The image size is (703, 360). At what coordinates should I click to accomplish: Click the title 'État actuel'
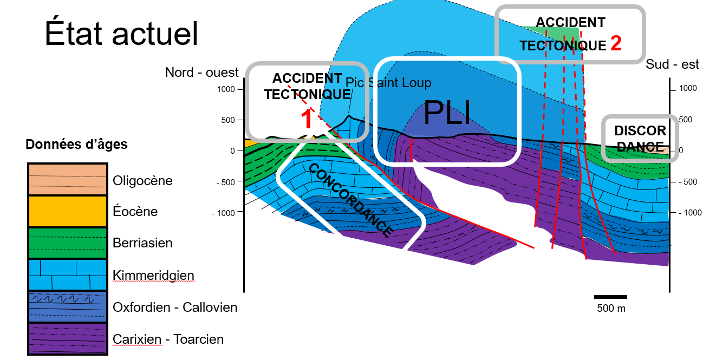coord(121,34)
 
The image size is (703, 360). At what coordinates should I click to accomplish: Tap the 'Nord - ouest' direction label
coord(202,73)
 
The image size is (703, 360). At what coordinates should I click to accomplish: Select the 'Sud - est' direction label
coord(673,64)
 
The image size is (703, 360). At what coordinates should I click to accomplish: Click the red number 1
coord(307,119)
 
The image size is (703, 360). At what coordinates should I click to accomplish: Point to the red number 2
coord(616,43)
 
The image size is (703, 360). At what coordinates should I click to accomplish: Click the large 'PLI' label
coord(446,113)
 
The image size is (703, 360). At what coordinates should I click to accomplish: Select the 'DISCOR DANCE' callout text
coord(640,139)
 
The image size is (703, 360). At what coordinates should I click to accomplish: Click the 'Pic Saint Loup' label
coord(388,83)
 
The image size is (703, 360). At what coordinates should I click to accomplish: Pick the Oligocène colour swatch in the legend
coord(68,179)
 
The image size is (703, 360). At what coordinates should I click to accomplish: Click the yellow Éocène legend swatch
coord(68,211)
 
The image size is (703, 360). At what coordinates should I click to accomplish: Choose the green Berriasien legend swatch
coord(68,243)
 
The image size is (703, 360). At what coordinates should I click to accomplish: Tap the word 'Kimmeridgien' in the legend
coord(153,276)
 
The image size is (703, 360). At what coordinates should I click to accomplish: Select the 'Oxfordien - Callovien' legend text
coord(175,307)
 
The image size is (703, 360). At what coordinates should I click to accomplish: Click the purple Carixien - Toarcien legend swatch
coord(68,339)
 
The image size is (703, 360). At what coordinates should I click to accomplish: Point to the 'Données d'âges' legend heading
coord(76,145)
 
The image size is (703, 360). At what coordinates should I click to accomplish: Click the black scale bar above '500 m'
coord(610,297)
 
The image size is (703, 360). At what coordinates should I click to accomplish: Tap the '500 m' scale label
coord(611,309)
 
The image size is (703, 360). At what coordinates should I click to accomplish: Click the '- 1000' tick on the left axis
coord(223,213)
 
